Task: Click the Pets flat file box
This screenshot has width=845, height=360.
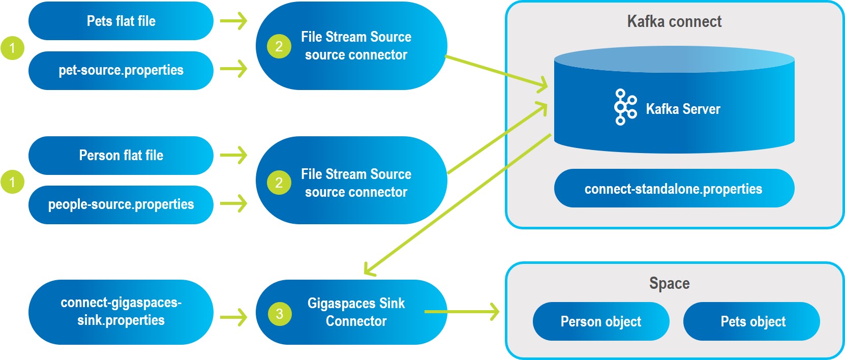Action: (121, 21)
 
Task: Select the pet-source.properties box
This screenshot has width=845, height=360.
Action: (121, 70)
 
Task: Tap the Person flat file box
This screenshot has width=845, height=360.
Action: (121, 155)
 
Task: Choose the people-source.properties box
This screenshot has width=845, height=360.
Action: (121, 204)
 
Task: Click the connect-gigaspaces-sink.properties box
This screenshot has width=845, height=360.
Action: (121, 312)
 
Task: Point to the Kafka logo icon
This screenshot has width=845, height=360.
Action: (625, 107)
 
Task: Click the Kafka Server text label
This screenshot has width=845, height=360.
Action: (683, 109)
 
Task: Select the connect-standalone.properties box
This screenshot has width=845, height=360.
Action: (674, 189)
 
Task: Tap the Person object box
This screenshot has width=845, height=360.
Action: (600, 321)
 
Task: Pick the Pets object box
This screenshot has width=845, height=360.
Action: (751, 321)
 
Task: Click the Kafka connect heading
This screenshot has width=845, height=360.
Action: (674, 21)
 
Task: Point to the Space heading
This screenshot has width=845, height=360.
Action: (669, 283)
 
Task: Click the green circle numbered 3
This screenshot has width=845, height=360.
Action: (280, 314)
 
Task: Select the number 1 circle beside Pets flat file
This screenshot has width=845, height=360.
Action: (12, 48)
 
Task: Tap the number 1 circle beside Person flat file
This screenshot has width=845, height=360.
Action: (12, 182)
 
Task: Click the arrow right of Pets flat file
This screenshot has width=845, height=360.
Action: (234, 21)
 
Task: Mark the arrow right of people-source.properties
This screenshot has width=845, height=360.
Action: (234, 204)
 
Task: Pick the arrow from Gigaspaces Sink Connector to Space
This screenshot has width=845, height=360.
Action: (463, 312)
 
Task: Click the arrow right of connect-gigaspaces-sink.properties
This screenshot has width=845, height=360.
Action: (234, 318)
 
